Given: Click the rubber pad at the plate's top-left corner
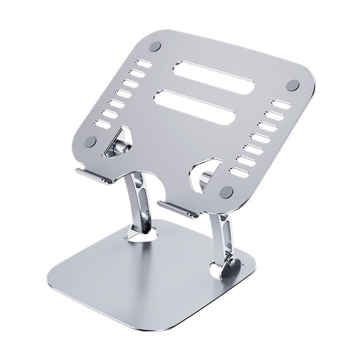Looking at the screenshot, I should click(x=155, y=46).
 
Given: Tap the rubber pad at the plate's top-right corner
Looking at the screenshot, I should click(x=292, y=85).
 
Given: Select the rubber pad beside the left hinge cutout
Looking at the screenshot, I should click(x=90, y=141).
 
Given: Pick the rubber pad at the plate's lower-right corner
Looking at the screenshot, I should click(x=226, y=192).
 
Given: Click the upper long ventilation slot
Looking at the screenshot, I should click(x=214, y=78).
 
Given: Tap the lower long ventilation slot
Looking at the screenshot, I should click(x=194, y=107).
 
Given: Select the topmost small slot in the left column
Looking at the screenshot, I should click(x=144, y=63).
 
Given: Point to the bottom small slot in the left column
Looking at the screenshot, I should click(x=102, y=124).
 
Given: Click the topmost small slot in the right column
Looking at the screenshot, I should click(x=281, y=104).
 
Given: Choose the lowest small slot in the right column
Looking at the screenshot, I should click(x=239, y=172).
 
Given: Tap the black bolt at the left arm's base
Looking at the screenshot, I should click(x=146, y=228).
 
